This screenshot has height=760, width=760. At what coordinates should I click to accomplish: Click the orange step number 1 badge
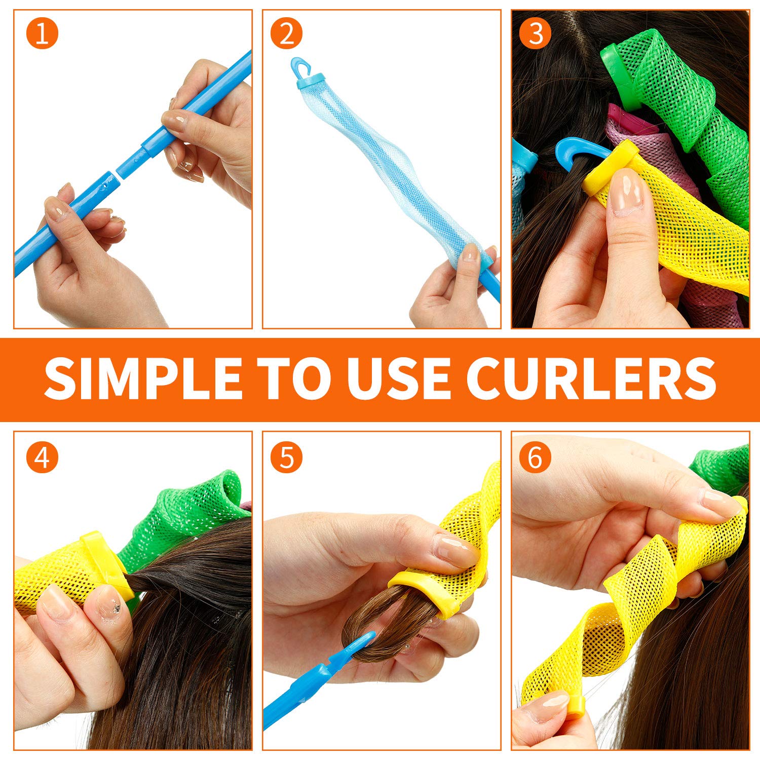[42, 33]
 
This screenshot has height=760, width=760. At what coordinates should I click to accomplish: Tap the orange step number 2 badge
[286, 33]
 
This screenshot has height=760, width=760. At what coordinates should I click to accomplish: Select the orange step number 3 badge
[536, 33]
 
